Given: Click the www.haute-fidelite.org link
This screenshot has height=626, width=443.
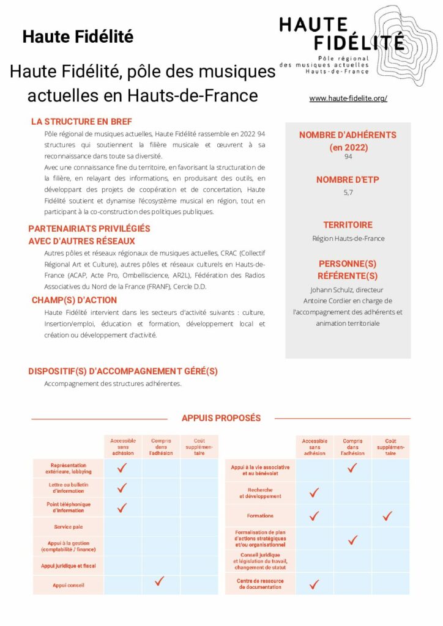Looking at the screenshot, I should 348,98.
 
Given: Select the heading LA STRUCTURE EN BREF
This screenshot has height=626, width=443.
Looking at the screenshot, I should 81,122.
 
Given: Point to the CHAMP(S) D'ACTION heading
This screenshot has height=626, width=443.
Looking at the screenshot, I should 74,300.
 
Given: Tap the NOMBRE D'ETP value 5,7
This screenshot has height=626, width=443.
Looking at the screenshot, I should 348,192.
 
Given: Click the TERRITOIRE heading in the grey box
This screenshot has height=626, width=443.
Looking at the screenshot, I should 348,225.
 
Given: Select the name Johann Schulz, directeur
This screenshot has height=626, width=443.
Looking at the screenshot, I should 348,290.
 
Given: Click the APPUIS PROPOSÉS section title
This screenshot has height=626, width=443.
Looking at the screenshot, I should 221,418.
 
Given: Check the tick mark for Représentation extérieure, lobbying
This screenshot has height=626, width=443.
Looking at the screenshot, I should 122,468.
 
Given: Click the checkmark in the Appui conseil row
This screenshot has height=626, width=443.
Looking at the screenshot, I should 160,581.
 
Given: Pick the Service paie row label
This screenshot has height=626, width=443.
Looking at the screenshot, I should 69,526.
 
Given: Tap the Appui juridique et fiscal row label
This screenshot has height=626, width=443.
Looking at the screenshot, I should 69,566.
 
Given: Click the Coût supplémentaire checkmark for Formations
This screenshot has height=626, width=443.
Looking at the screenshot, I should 387,516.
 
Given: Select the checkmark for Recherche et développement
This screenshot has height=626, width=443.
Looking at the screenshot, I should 315,493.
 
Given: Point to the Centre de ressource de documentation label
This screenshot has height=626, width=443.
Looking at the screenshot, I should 260,584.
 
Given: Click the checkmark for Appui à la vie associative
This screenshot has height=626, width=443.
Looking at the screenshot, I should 352,468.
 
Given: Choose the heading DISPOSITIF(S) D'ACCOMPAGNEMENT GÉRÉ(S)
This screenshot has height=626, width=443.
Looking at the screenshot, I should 123,371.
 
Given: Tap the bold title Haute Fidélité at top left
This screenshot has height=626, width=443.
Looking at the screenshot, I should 78,37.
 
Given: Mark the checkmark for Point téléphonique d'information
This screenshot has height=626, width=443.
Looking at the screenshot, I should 122,507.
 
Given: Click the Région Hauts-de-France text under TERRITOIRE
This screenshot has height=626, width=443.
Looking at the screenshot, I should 348,238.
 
